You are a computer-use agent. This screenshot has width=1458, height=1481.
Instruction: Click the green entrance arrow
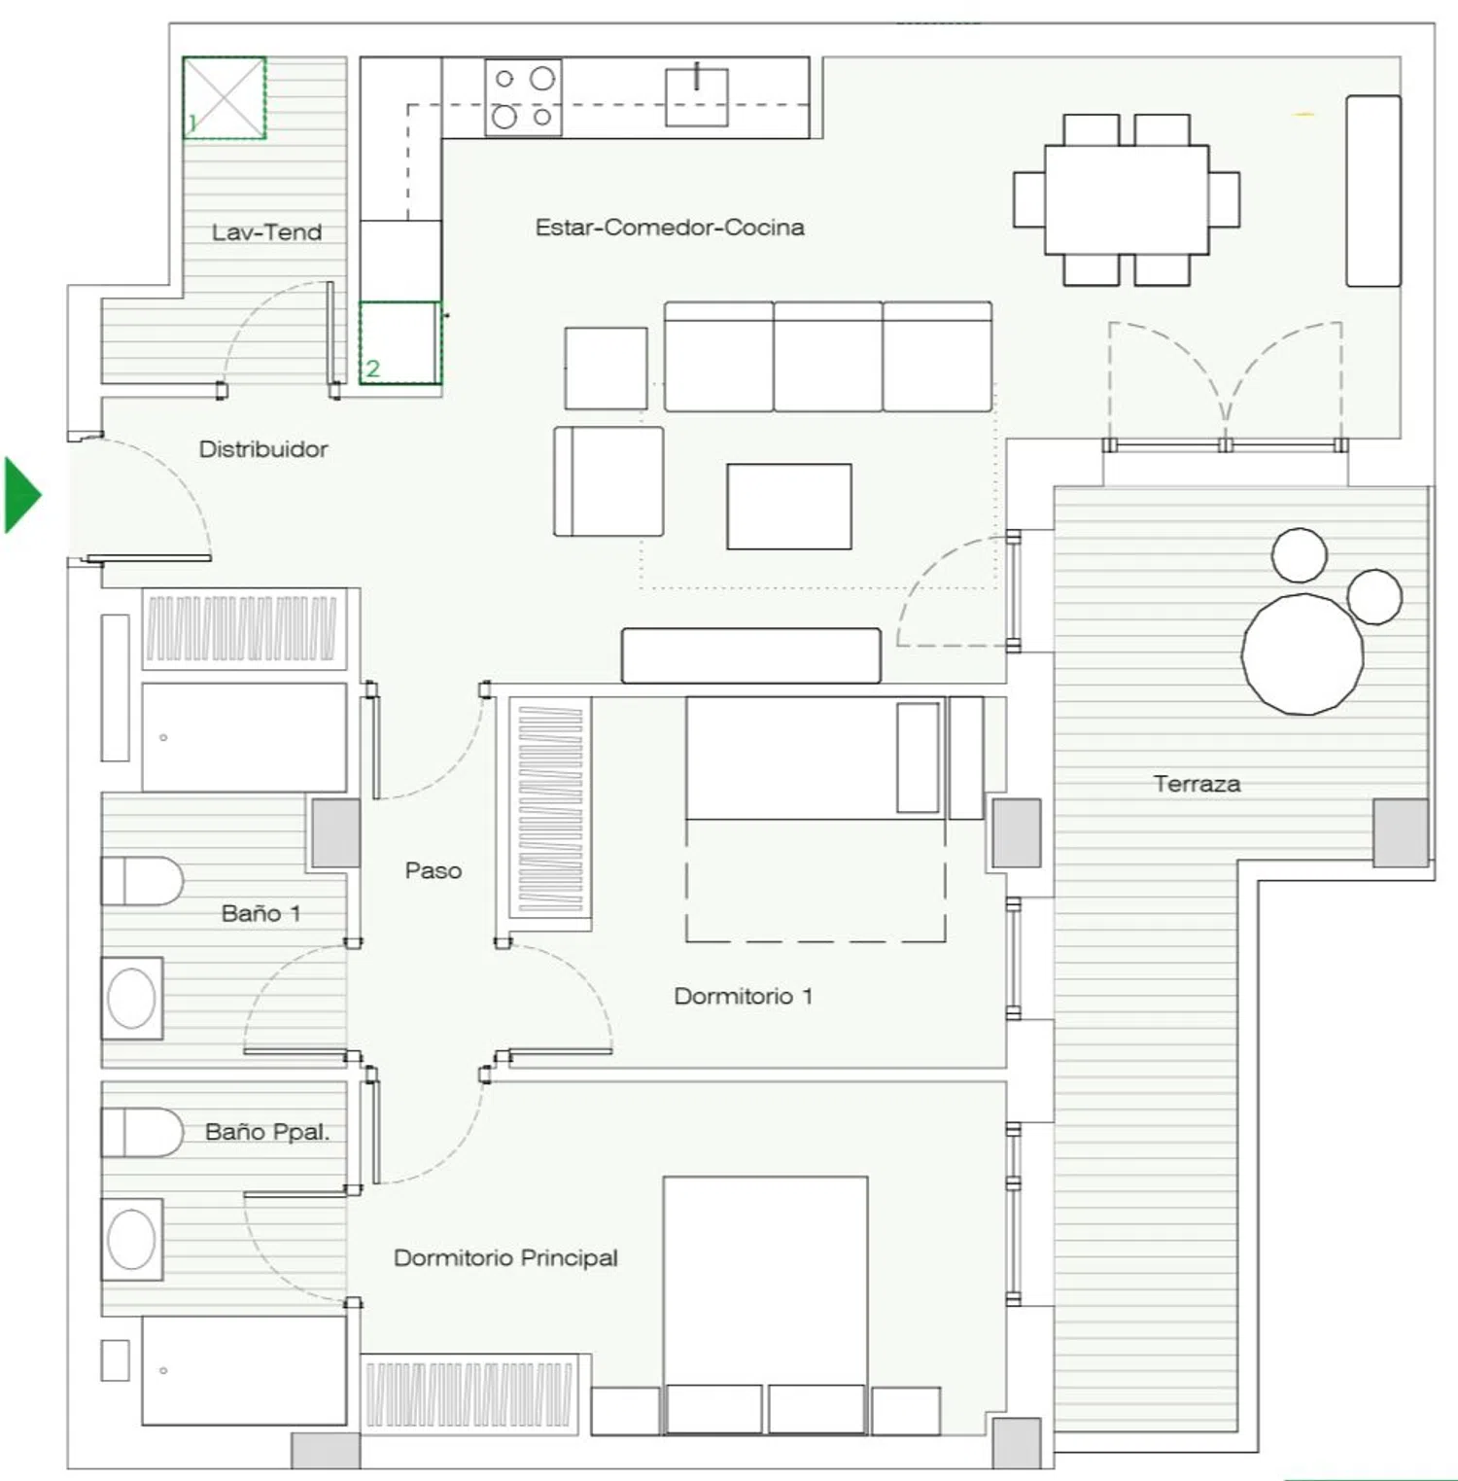pyautogui.click(x=21, y=495)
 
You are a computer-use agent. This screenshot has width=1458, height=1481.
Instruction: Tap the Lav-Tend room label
pyautogui.click(x=266, y=232)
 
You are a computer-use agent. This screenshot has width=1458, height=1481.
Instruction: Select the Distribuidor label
pyautogui.click(x=263, y=449)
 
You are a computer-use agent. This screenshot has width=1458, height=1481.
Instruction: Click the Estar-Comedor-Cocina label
pyautogui.click(x=670, y=228)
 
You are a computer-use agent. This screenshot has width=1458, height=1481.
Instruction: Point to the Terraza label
pyautogui.click(x=1197, y=784)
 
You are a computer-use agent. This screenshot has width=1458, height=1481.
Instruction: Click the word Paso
pyautogui.click(x=433, y=870)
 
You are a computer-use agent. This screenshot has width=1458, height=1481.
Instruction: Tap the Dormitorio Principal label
pyautogui.click(x=505, y=1258)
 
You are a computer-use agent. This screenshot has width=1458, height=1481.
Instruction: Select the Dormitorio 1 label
pyautogui.click(x=743, y=997)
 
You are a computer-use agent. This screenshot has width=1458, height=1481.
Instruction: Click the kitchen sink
pyautogui.click(x=697, y=96)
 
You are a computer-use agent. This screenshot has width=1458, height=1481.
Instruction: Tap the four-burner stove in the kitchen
pyautogui.click(x=523, y=97)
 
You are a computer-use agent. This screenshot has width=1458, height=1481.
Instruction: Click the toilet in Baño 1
pyautogui.click(x=142, y=881)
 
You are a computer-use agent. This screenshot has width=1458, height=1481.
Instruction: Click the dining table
pyautogui.click(x=1127, y=199)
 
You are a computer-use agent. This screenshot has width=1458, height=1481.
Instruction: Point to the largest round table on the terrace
pyautogui.click(x=1302, y=653)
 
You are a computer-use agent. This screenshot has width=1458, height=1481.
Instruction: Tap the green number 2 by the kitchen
pyautogui.click(x=372, y=369)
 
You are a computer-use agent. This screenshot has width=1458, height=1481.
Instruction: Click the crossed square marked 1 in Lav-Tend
pyautogui.click(x=225, y=97)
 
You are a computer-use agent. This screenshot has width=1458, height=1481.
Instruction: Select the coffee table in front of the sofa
pyautogui.click(x=789, y=507)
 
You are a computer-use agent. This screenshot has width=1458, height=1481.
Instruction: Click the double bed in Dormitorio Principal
pyautogui.click(x=765, y=1304)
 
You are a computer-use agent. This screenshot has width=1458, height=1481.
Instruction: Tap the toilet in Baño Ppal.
pyautogui.click(x=142, y=1132)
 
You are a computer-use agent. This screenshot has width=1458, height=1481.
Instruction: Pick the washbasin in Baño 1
pyautogui.click(x=132, y=999)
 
